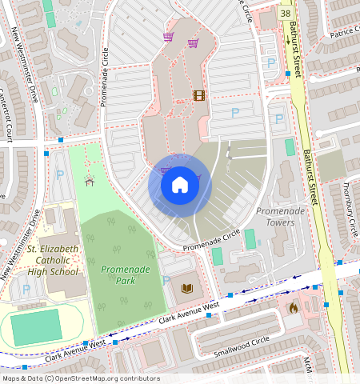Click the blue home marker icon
pyautogui.click(x=180, y=185)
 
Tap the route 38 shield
pyautogui.click(x=286, y=14)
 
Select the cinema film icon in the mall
pyautogui.click(x=198, y=96)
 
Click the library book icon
pyautogui.click(x=188, y=288)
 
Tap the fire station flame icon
pyautogui.click(x=292, y=306)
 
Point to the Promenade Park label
pyautogui.click(x=126, y=275)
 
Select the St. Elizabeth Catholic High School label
pyautogui.click(x=53, y=261)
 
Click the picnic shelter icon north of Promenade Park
pyautogui.click(x=89, y=181)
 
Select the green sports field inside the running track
pyautogui.click(x=36, y=329)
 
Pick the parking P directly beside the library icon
pyautogui.click(x=166, y=281)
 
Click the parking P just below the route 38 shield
pyautogui.click(x=270, y=62)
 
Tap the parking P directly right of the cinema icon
pyautogui.click(x=234, y=114)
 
